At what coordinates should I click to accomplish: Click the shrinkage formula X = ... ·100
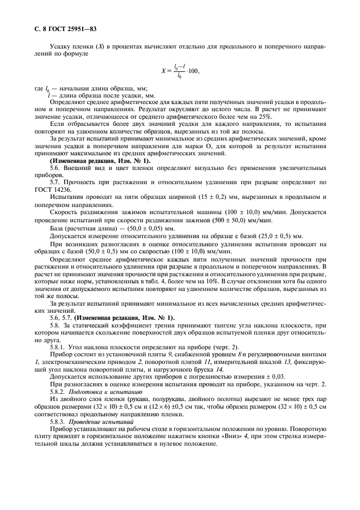[x=180, y=70]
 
